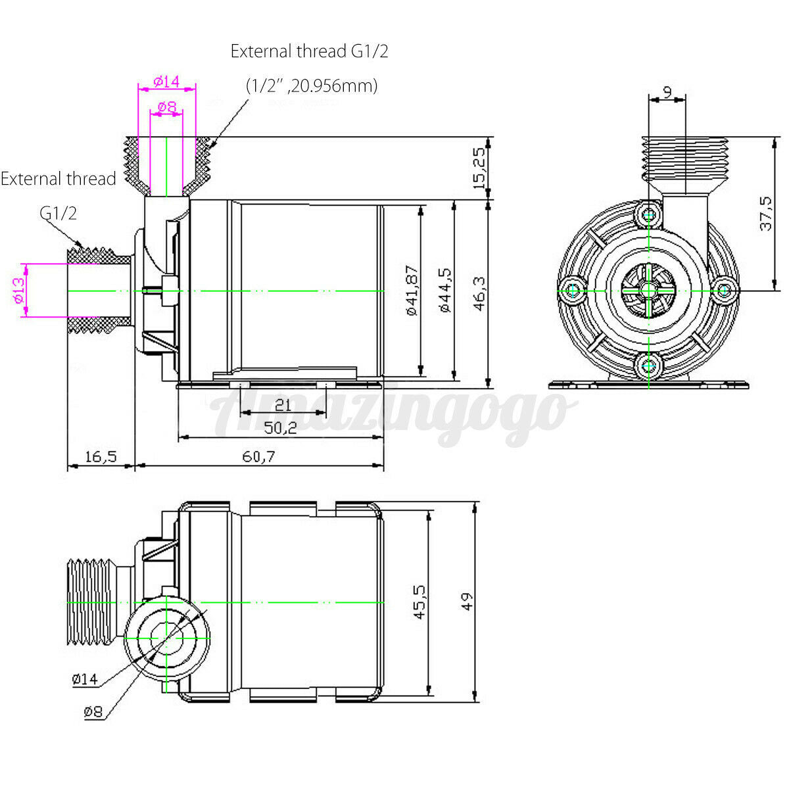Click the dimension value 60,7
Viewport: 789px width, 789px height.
click(x=258, y=456)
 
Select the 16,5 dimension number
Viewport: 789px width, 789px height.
click(x=101, y=456)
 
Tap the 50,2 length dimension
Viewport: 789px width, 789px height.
click(x=280, y=428)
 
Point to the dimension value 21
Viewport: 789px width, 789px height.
click(x=283, y=406)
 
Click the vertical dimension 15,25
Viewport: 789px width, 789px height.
click(x=479, y=168)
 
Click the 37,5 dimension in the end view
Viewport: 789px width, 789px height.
click(x=765, y=214)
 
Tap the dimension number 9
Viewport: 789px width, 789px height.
click(x=667, y=92)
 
